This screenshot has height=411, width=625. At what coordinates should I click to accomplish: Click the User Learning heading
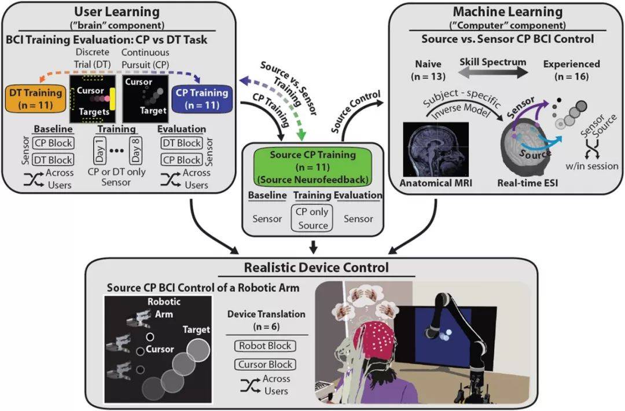(x=116, y=12)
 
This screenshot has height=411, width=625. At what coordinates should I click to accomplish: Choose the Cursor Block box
(x=265, y=365)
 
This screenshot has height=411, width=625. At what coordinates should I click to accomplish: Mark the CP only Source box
(x=312, y=218)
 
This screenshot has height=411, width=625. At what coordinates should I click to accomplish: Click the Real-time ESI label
(x=527, y=184)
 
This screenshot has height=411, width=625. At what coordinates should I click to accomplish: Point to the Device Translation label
(x=266, y=314)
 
